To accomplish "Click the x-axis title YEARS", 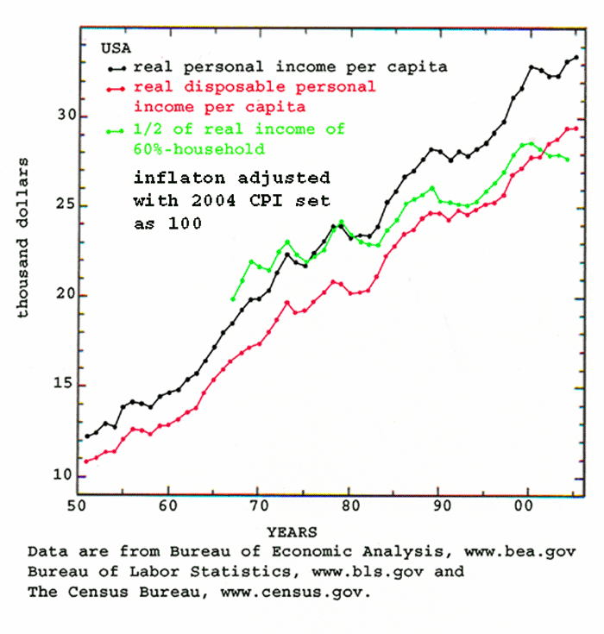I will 292,532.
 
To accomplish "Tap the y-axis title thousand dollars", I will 24,237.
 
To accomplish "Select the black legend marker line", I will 116,67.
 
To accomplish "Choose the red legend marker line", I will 116,88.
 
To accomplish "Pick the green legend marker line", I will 116,131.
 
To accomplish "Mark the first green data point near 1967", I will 233,298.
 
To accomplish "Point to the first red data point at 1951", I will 86,461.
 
